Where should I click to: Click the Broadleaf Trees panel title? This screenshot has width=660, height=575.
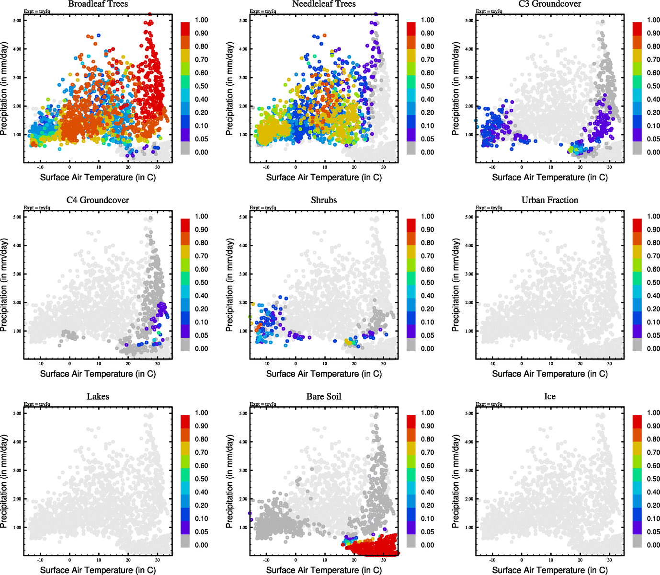pos(98,4)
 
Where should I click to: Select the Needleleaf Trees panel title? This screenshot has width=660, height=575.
pos(324,4)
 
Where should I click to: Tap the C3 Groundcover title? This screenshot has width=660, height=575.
pos(550,4)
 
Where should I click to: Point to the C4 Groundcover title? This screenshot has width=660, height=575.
pos(98,200)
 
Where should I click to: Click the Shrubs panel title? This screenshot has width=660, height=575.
pos(324,200)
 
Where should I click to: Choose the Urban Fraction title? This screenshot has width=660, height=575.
pos(550,200)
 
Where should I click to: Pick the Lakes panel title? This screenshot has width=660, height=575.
pos(98,397)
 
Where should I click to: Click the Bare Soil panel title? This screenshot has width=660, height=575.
pos(324,397)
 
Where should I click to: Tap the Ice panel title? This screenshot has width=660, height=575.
pos(550,397)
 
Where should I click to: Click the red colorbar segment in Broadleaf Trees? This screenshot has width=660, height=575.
pos(185,28)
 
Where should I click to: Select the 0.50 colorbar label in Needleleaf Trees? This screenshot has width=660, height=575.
pos(428,86)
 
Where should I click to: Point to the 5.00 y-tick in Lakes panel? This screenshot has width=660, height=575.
pos(17,414)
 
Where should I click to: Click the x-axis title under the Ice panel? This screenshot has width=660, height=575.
pos(550,570)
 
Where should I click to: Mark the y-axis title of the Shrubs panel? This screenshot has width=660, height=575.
pos(230,285)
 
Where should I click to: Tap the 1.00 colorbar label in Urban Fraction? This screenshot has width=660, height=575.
pos(654,217)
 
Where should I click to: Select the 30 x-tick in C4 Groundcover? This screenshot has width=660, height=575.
pos(158,364)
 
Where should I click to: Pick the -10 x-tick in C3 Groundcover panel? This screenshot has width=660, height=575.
pos(492,167)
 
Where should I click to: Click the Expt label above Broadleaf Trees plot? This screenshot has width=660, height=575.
pos(37,11)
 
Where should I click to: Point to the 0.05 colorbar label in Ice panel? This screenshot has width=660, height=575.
pos(654,532)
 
